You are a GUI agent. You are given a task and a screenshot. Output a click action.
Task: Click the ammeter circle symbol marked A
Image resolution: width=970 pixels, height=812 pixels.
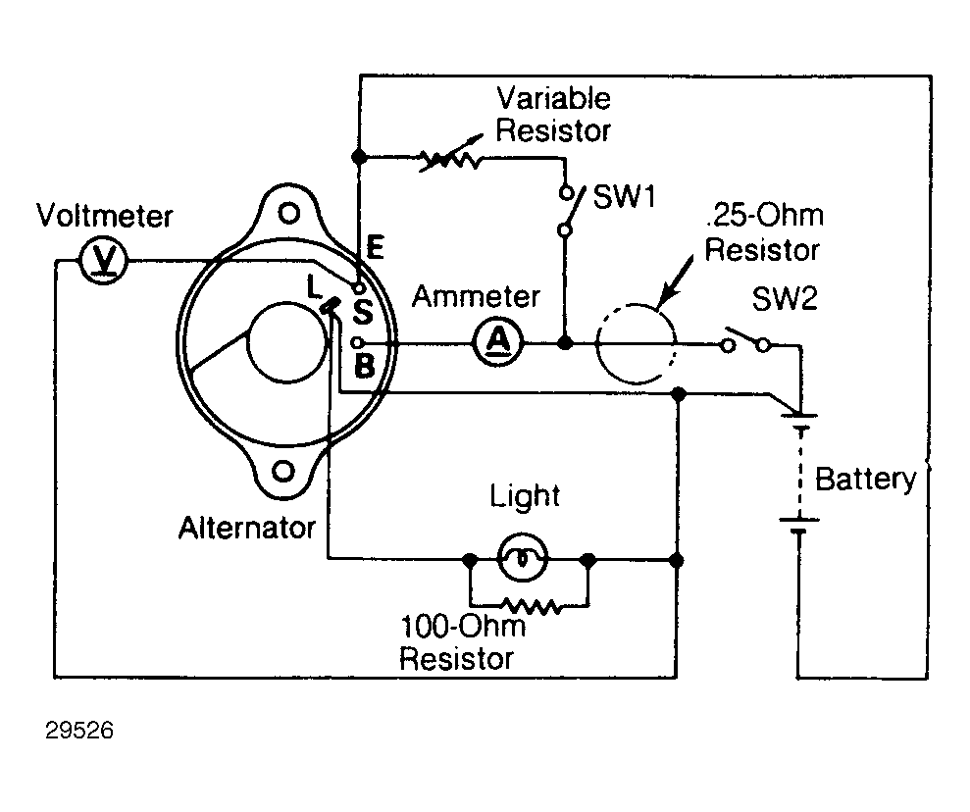[498, 342]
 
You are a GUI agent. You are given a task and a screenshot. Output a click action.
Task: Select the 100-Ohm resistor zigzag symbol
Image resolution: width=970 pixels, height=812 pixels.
[531, 606]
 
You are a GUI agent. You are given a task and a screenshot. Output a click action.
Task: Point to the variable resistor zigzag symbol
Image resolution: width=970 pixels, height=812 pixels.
[451, 157]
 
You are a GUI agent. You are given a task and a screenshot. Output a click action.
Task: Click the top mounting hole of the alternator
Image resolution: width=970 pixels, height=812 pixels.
[289, 214]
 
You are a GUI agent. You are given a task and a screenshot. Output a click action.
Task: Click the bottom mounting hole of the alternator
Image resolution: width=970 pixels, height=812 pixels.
[283, 472]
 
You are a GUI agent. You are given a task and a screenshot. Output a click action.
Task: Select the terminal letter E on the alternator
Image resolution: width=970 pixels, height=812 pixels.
[376, 247]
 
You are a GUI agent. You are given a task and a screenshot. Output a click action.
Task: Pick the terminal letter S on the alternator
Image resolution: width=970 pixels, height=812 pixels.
[363, 311]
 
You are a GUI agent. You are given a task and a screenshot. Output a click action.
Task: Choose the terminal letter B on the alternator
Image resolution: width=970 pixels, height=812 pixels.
[365, 366]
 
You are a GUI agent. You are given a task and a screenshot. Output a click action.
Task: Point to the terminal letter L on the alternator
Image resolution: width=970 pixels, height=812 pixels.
[314, 286]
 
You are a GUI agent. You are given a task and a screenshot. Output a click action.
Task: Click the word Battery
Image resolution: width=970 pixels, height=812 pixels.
[865, 480]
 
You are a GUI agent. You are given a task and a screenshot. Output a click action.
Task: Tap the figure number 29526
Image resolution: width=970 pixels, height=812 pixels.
[79, 731]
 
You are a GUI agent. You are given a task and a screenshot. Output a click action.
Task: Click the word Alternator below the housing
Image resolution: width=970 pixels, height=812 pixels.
[247, 529]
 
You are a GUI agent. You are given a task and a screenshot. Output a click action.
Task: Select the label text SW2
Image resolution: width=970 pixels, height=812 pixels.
[785, 299]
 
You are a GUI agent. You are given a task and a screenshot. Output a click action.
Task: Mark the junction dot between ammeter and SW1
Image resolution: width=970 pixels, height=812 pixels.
[565, 342]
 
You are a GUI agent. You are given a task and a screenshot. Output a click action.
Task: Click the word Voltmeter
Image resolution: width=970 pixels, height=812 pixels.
[105, 216]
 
